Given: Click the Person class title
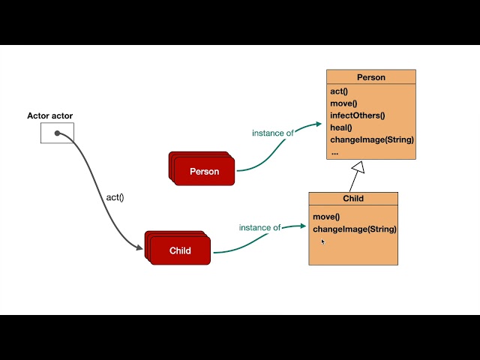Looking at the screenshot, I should coord(370,77).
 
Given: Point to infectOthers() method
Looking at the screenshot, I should coord(357,115).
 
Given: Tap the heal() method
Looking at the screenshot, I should coord(340,127).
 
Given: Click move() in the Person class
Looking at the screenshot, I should coord(343,103).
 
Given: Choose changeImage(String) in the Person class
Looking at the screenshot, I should coord(372,139).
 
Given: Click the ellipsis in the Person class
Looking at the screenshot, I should coord(334,151).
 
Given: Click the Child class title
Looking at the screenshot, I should coord(353,199).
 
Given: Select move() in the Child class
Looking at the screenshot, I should coord(326,217).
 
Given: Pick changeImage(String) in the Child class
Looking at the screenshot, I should coord(355,229).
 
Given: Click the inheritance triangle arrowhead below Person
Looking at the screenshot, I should coord(358,168).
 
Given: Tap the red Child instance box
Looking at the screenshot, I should coord(180,251).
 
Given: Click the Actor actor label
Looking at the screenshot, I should coord(50,116).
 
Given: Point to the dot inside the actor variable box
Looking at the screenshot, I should coord(57,133).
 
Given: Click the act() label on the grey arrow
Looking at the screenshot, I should coord(115,197).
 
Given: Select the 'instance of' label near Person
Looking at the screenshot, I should coord(273,133).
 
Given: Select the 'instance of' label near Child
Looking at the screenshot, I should coord(259,227).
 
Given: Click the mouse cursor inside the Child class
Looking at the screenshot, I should coord(323,241).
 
